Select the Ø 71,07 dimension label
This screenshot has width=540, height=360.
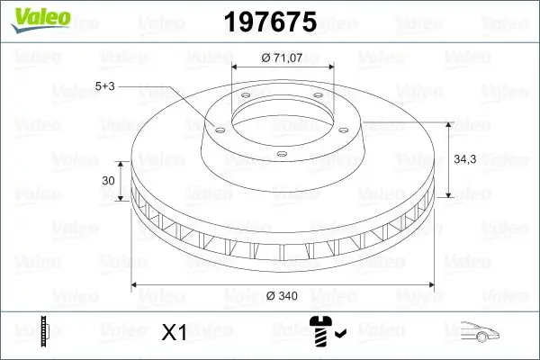pyautogui.click(x=283, y=58)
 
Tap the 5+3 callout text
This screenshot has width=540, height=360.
pyautogui.click(x=104, y=87)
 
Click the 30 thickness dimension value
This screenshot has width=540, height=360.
pyautogui.click(x=108, y=181)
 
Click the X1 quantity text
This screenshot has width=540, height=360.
pyautogui.click(x=173, y=334)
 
